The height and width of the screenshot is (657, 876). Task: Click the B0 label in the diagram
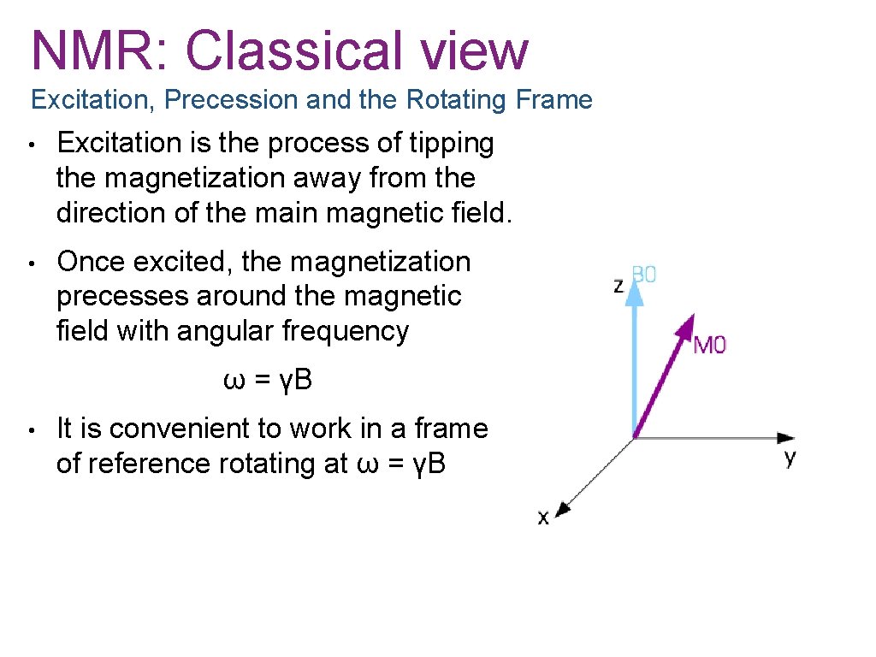(x=643, y=275)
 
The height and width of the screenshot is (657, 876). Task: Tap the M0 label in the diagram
(x=709, y=346)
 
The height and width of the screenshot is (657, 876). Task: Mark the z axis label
(x=619, y=286)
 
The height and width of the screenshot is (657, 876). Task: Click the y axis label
(x=790, y=457)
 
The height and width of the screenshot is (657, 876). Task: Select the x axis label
(x=543, y=517)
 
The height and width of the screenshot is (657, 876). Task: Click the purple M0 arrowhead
(x=686, y=326)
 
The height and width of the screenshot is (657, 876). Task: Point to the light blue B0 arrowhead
(x=634, y=292)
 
